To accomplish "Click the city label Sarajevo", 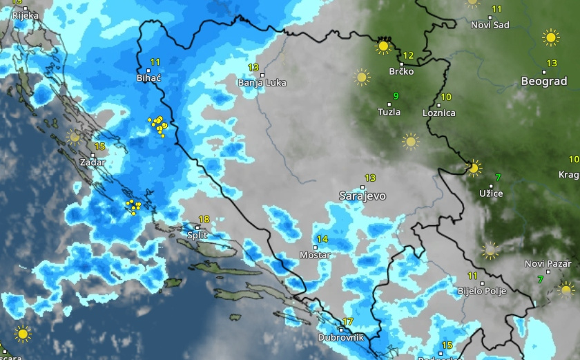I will [362, 196].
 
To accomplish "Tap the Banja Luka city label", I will [262, 83].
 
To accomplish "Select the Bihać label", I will [148, 79].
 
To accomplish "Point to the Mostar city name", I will [315, 255].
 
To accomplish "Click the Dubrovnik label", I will [340, 338].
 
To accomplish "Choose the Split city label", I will [197, 235].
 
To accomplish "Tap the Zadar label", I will [93, 162].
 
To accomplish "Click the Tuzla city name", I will [389, 112].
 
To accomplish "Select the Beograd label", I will [544, 82].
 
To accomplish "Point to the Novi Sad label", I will [490, 25].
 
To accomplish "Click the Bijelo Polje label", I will [482, 292].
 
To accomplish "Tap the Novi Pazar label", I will [548, 264].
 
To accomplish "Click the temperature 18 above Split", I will [204, 220].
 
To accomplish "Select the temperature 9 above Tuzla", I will [396, 95].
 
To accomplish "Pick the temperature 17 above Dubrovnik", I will [348, 321].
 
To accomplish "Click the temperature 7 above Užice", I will [498, 176].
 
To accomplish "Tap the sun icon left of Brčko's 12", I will [383, 46].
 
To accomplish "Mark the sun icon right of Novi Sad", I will [550, 37].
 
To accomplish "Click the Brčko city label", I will [401, 71].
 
